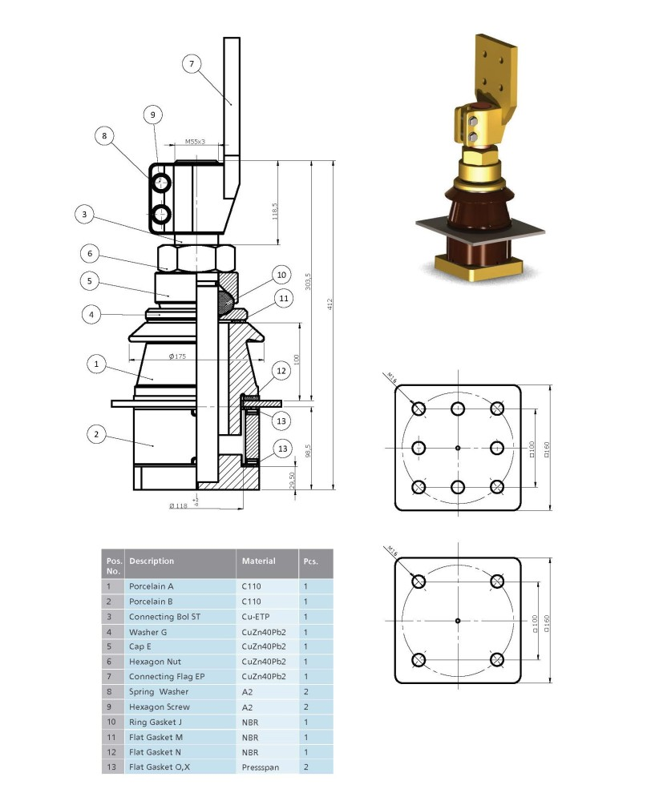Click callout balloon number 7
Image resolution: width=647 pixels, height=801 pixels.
tap(192, 64)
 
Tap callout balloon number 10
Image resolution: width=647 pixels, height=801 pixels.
tap(281, 275)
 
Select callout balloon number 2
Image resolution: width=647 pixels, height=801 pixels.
tap(96, 434)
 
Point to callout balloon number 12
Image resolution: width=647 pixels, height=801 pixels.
tap(281, 370)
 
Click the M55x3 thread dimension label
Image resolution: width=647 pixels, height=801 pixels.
tap(195, 142)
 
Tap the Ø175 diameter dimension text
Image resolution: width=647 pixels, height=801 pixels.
tap(177, 356)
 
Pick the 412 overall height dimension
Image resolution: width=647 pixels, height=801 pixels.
tap(330, 304)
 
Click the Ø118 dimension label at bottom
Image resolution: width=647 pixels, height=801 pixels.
tap(179, 505)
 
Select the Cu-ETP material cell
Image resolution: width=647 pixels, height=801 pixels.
tap(255, 617)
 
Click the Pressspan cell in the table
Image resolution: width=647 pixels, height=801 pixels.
tap(261, 767)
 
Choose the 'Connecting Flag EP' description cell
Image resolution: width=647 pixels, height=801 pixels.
tap(167, 676)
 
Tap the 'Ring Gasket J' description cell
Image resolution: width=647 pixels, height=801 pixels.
tap(156, 722)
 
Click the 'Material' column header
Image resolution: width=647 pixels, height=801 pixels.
tap(258, 561)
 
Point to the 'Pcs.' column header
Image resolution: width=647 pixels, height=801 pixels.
tap(310, 561)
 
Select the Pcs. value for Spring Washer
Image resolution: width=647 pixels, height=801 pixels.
tap(305, 692)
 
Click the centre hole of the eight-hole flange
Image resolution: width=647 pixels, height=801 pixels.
tap(458, 448)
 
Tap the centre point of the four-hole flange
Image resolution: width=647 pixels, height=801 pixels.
tap(458, 621)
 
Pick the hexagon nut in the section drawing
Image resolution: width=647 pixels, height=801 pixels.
tap(196, 257)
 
